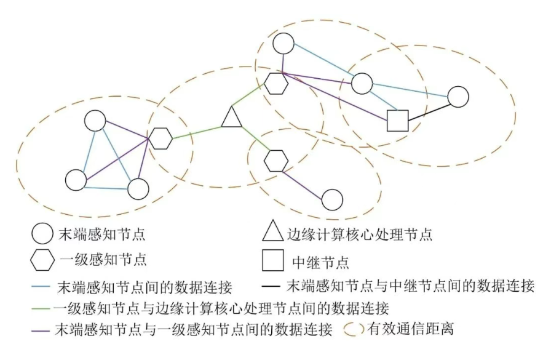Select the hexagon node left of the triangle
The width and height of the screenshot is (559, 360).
tap(161, 138)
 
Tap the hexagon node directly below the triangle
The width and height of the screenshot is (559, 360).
tap(276, 160)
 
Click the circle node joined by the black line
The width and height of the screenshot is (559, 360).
tap(458, 97)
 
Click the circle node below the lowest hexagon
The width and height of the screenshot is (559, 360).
tap(332, 199)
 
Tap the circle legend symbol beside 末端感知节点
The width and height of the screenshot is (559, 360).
tap(42, 234)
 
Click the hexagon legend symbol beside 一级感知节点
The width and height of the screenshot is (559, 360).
tap(42, 260)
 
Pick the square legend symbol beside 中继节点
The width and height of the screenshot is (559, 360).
tap(272, 260)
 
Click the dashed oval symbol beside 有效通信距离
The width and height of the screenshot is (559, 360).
tap(354, 329)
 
